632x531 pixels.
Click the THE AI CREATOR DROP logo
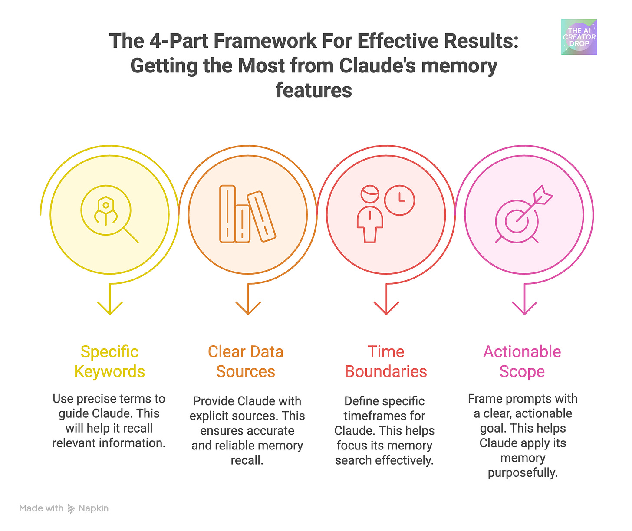pos(579,37)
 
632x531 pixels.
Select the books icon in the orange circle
pos(247,214)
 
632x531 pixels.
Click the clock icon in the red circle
pos(400,200)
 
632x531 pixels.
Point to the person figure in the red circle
pos(370,214)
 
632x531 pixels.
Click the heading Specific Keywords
pos(109,361)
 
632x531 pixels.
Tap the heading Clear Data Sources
pos(246,361)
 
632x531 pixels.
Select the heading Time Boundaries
pos(386,361)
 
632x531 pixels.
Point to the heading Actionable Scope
pos(522,361)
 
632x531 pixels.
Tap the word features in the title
pos(314,90)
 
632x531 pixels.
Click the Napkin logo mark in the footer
pos(72,509)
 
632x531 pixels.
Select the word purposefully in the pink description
pos(523,472)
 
